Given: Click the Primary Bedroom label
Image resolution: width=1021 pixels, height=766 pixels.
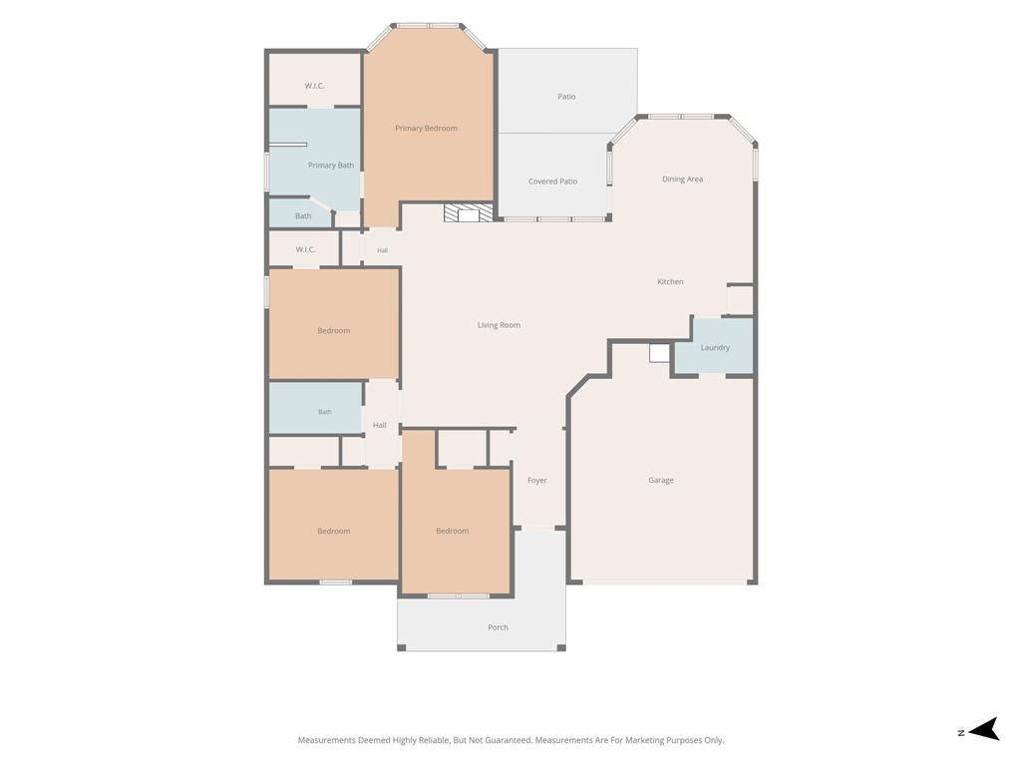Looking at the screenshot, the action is click(x=426, y=129).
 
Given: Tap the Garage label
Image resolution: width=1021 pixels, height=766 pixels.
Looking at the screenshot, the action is click(x=661, y=480).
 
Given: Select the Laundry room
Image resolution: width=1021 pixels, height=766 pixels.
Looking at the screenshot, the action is click(x=714, y=346).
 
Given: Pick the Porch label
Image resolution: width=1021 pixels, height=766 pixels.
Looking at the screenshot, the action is click(x=499, y=627).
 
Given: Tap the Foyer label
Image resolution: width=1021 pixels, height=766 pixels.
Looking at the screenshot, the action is click(x=537, y=480).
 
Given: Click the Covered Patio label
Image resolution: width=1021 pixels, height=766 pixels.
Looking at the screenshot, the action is click(x=552, y=182).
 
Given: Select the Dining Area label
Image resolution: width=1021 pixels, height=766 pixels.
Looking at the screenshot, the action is click(x=682, y=180).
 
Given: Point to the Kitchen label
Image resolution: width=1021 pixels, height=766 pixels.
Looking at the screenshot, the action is click(x=670, y=281).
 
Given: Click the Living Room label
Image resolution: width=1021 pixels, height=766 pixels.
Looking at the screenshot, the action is click(x=499, y=325).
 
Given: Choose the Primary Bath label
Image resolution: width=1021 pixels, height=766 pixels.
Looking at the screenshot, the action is click(x=331, y=166).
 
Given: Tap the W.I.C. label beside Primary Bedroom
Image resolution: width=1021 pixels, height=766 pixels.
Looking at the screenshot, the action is click(x=314, y=86).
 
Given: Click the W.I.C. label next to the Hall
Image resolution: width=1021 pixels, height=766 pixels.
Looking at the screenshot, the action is click(x=305, y=249).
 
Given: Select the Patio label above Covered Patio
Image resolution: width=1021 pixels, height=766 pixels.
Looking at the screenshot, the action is click(x=566, y=97).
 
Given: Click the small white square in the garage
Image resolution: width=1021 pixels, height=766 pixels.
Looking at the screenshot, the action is click(x=659, y=353).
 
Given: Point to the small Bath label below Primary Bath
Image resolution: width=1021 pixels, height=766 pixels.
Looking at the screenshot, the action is click(x=303, y=215).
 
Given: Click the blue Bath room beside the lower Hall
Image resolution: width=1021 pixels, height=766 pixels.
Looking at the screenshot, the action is click(x=316, y=408).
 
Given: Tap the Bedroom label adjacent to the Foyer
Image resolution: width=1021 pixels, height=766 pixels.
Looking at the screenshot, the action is click(x=453, y=531).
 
